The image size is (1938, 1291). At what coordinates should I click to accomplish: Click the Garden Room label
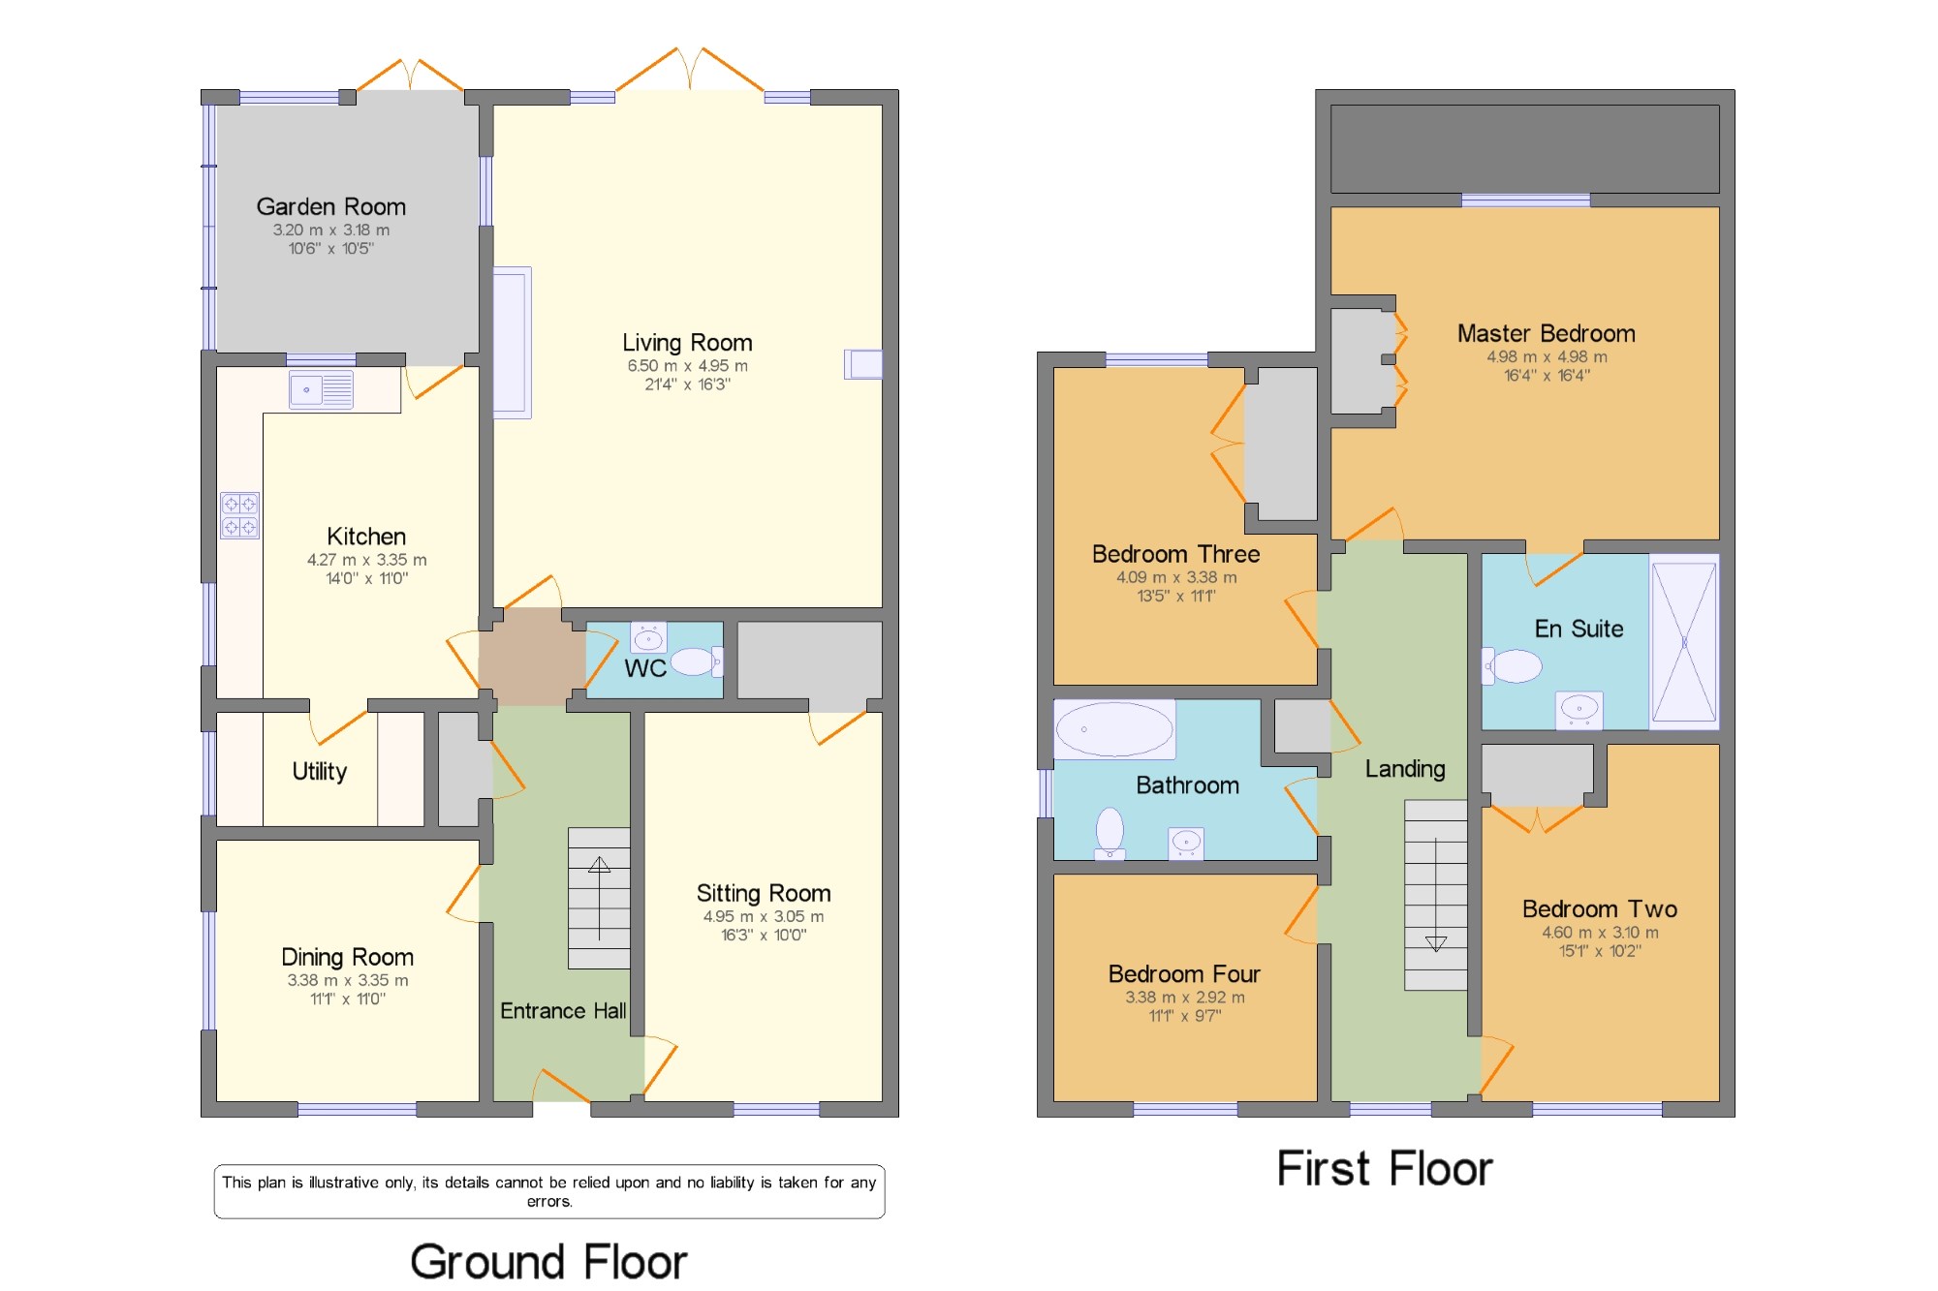[x=330, y=206]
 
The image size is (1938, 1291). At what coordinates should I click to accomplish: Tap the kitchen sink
[x=321, y=390]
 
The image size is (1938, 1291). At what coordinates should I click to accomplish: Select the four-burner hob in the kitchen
[x=239, y=515]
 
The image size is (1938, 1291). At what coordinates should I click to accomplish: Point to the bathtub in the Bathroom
[x=1114, y=728]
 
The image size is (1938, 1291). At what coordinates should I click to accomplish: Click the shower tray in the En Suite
[x=1684, y=642]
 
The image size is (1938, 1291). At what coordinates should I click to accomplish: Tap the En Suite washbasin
[x=1579, y=710]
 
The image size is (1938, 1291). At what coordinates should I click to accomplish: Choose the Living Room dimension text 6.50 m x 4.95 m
[x=687, y=366]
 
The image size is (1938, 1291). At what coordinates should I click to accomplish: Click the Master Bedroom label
[x=1547, y=333]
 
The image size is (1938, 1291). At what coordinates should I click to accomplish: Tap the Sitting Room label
[x=764, y=893]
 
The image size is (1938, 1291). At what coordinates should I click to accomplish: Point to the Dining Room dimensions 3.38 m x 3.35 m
[x=348, y=980]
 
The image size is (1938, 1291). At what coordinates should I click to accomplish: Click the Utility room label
[x=320, y=771]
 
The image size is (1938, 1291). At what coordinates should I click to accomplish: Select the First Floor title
[x=1385, y=1168]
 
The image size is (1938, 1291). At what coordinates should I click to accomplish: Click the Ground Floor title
[x=548, y=1262]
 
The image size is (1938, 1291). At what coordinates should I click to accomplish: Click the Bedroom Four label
[x=1184, y=973]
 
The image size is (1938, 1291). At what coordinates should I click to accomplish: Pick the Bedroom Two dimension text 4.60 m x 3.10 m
[x=1600, y=933]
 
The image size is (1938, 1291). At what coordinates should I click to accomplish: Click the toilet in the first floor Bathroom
[x=1110, y=833]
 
